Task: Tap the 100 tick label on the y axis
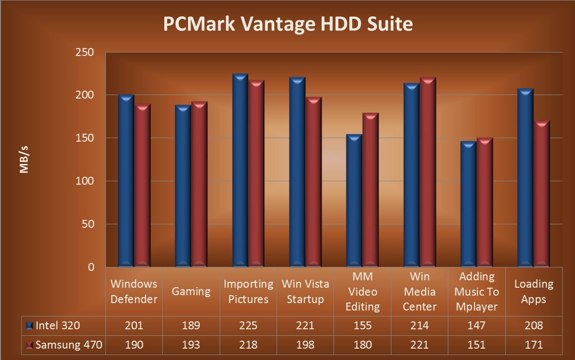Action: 85,181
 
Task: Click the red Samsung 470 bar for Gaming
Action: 199,184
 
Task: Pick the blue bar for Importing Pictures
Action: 240,171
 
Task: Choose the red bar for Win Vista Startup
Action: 314,182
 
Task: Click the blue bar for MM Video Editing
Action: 354,201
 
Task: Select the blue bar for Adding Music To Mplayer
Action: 468,204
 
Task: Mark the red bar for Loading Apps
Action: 541,194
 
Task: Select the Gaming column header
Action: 191,291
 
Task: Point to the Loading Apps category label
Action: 533,291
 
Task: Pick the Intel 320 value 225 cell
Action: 248,325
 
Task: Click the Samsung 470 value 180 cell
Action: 362,345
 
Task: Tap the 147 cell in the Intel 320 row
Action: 476,325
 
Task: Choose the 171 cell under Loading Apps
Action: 533,345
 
